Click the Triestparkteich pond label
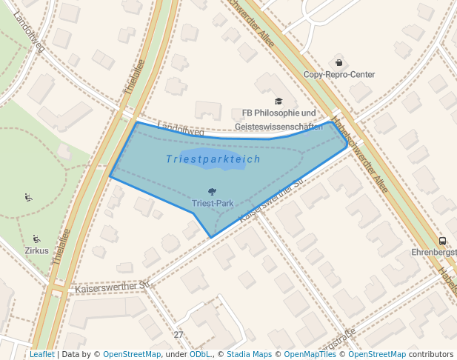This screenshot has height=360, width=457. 213,159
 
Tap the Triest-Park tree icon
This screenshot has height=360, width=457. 213,191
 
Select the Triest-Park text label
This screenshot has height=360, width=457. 213,202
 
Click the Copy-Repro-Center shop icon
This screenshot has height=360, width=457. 339,62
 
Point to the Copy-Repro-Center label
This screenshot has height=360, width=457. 339,75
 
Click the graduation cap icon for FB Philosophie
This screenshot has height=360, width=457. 278,101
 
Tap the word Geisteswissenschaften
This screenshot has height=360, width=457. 278,127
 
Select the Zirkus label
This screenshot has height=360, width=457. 36,250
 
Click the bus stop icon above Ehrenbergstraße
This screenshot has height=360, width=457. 442,240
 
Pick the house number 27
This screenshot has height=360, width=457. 179,335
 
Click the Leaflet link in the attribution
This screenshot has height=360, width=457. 41,354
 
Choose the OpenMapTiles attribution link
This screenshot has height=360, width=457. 311,354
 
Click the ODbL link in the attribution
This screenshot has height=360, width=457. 201,354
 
